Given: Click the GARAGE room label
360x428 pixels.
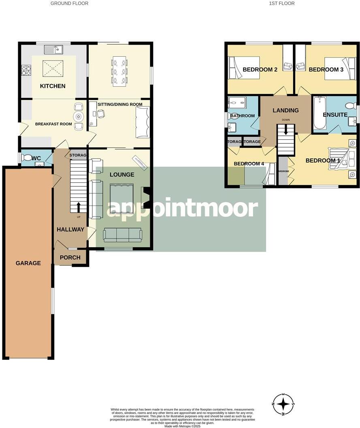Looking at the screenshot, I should [x=28, y=263].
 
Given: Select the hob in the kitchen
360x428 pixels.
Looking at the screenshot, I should [x=26, y=71].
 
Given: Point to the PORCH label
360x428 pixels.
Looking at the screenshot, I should [x=70, y=257].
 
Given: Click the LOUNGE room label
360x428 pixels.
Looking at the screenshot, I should [x=121, y=175].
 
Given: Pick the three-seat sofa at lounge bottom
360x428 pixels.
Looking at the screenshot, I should [x=123, y=235].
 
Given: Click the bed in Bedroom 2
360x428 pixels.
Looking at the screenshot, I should [x=244, y=67].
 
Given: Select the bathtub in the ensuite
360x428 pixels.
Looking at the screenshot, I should [x=320, y=113].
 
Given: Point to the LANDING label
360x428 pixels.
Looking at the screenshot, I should [x=285, y=110].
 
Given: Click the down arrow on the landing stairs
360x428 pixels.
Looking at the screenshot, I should [x=286, y=130].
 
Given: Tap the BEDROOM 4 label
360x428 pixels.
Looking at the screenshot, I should [x=249, y=164].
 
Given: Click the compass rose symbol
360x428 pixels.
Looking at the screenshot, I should [x=283, y=404].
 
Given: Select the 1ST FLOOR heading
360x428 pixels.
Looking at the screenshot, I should [x=281, y=3].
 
